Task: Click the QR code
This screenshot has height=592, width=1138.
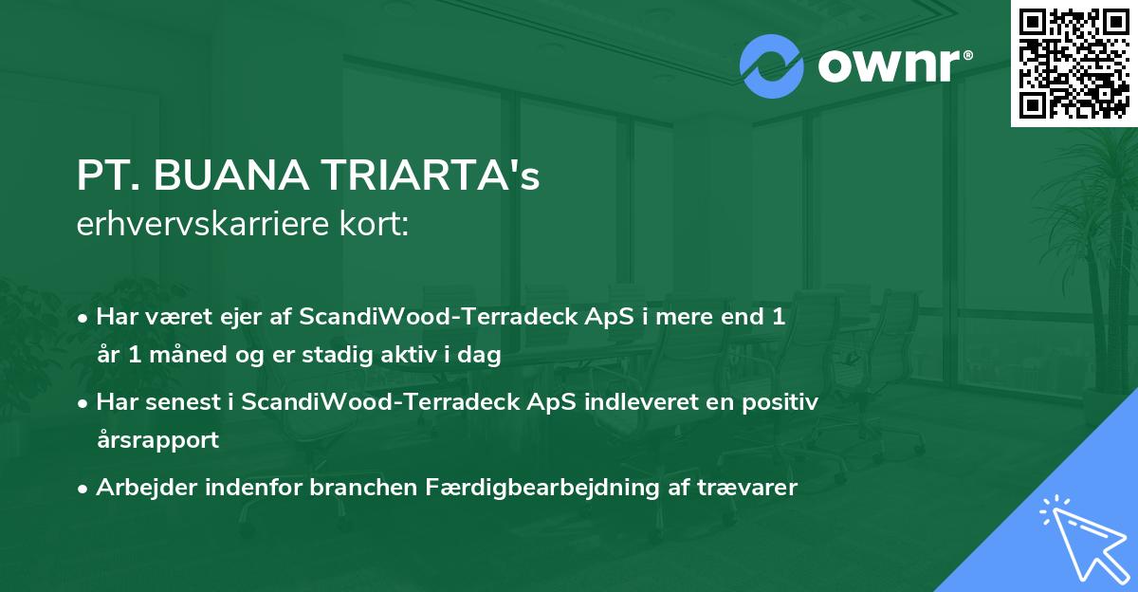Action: [1074, 63]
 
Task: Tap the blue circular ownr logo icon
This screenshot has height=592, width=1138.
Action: [772, 66]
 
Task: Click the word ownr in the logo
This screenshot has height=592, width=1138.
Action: [892, 66]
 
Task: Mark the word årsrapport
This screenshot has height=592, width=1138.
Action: [157, 440]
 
